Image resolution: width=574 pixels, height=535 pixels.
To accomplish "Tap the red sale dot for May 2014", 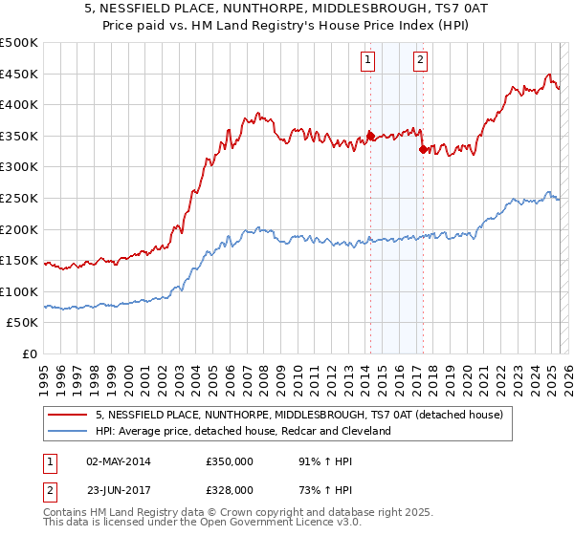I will pos(370,136).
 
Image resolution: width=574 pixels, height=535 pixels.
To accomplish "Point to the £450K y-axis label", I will pos(19,74).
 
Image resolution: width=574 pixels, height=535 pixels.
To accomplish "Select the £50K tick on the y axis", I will pos(23,323).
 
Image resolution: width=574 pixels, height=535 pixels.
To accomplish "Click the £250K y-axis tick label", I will pos(19,198).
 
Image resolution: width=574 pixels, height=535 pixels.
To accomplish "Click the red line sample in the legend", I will pos(68,415).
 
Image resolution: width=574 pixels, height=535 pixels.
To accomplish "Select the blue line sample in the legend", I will pos(68,431).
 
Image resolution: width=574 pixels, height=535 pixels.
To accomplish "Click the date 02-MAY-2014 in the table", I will pos(119,461).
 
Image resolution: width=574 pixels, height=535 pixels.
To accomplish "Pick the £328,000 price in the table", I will pos(230,489).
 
